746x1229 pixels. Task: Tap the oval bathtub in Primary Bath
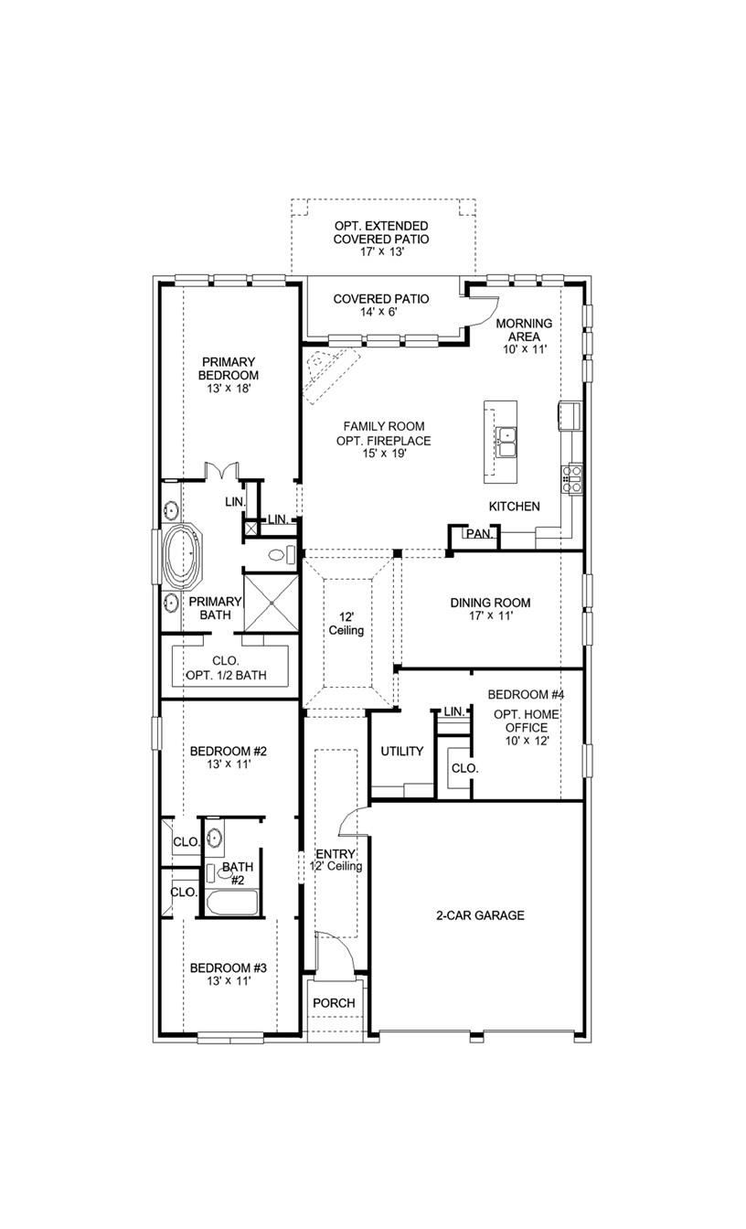coord(184,556)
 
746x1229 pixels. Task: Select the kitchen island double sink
coord(506,442)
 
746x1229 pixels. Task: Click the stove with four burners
coord(572,478)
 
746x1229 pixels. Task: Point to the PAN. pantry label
coord(479,534)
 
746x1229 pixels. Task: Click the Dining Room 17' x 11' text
coord(490,609)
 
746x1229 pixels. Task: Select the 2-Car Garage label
coord(480,914)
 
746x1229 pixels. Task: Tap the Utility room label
coord(402,752)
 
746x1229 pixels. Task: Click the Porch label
coord(334,1003)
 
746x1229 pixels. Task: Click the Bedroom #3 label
coord(229,975)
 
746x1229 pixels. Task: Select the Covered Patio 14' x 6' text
coord(381,305)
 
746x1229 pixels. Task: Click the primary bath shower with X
coord(271,602)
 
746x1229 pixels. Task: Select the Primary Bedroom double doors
coord(222,471)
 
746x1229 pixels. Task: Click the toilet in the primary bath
coord(281,554)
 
